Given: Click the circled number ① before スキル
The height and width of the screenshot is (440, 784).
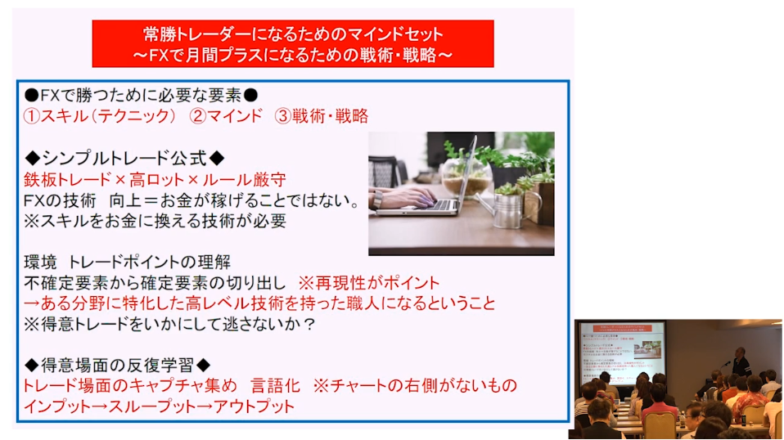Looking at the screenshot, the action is (x=31, y=116).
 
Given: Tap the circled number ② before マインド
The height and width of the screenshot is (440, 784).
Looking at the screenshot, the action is (x=198, y=116).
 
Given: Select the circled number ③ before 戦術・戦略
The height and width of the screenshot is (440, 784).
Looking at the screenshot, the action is (x=283, y=116).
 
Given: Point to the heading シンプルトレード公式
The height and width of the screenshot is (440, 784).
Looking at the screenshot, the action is (x=124, y=159).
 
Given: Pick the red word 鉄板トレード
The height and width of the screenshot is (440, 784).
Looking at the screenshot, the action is (x=67, y=179).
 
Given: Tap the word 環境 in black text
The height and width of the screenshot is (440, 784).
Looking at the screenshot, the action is (x=40, y=263).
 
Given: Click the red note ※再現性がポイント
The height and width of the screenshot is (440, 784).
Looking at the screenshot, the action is (x=369, y=283).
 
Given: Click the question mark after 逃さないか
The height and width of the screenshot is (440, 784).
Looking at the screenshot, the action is (x=310, y=324).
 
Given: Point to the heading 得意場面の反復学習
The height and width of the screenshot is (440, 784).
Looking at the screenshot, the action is (x=118, y=365).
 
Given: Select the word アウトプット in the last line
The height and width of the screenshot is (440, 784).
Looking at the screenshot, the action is (x=254, y=406).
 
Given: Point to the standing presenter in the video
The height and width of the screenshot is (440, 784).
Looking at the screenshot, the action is (x=741, y=362).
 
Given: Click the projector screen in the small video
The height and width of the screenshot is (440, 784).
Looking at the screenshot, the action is (x=622, y=353).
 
